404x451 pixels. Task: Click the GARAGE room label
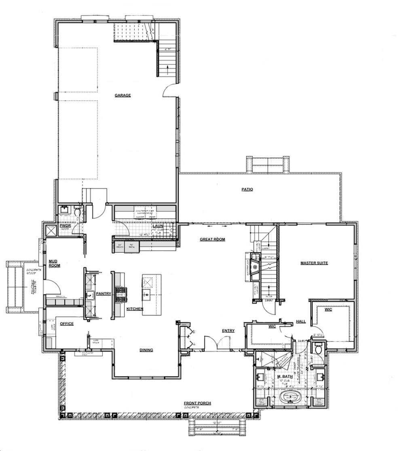pyautogui.click(x=123, y=95)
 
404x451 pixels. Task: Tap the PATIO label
pyautogui.click(x=247, y=189)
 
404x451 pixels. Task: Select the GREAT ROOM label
pyautogui.click(x=212, y=239)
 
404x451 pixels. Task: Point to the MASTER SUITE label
pyautogui.click(x=314, y=263)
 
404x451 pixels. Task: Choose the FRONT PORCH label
pyautogui.click(x=197, y=403)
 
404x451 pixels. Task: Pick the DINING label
pyautogui.click(x=146, y=350)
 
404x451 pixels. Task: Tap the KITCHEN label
pyautogui.click(x=135, y=309)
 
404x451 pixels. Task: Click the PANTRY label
pyautogui.click(x=104, y=294)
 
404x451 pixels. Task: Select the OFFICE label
pyautogui.click(x=66, y=324)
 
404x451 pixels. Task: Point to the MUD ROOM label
pyautogui.click(x=54, y=263)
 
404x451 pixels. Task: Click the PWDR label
pyautogui.click(x=66, y=225)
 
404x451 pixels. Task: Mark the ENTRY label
pyautogui.click(x=228, y=331)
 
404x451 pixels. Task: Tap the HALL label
pyautogui.click(x=301, y=321)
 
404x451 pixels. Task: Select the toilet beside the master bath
pyautogui.click(x=319, y=348)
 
